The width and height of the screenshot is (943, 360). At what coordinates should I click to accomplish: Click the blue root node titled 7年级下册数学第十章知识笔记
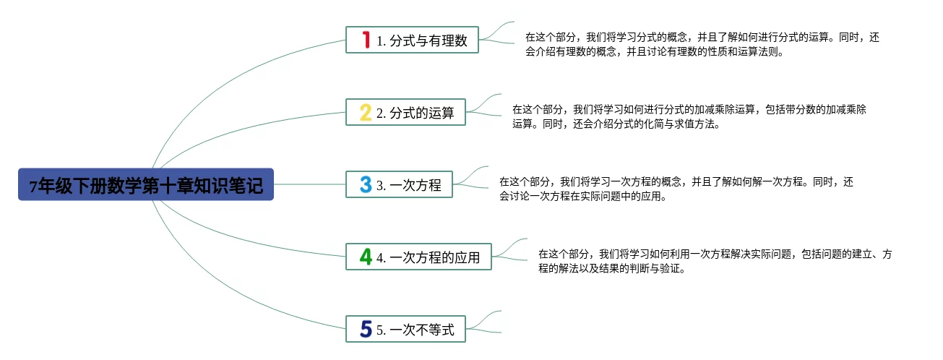click(146, 184)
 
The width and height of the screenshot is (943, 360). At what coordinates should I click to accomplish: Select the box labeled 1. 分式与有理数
click(412, 40)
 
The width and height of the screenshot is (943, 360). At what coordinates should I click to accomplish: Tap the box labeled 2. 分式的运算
click(405, 112)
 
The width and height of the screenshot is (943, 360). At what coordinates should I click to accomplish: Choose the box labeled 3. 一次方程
click(399, 184)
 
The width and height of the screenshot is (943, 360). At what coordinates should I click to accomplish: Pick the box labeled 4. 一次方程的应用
click(418, 257)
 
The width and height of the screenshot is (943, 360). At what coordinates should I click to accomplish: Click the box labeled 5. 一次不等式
click(405, 329)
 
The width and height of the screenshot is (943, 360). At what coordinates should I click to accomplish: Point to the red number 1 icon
click(366, 40)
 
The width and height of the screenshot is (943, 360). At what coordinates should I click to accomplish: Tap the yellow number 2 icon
click(366, 113)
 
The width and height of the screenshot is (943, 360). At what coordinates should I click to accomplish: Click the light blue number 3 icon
click(366, 184)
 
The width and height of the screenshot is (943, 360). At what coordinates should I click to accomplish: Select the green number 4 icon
click(366, 257)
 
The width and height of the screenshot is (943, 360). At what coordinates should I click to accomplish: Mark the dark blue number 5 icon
click(366, 329)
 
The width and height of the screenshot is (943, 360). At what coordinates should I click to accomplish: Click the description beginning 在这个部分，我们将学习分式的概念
click(702, 44)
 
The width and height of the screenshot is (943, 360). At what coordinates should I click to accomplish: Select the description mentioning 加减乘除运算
click(689, 116)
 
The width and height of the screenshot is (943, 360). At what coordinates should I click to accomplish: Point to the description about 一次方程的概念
click(676, 189)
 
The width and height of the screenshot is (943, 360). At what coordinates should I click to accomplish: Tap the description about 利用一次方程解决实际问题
click(715, 261)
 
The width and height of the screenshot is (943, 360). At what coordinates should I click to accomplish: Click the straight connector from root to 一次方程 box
click(309, 184)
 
